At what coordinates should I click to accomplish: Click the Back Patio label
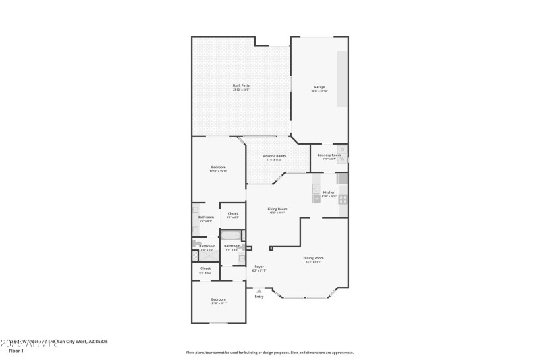tap(241, 86)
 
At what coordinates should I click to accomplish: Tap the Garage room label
tap(319, 88)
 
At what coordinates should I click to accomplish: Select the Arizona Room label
tap(274, 157)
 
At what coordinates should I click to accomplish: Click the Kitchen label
tap(329, 193)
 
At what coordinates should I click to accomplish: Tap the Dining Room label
tap(314, 259)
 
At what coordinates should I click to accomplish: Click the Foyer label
tap(259, 268)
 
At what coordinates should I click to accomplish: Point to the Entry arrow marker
tap(259, 290)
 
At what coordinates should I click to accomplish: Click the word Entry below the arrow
tap(259, 297)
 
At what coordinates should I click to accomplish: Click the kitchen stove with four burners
tap(342, 199)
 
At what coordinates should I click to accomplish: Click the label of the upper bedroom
tap(218, 168)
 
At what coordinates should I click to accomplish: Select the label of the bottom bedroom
tap(218, 300)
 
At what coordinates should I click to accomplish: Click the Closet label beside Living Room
tap(232, 215)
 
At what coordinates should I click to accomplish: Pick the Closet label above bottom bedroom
tap(205, 269)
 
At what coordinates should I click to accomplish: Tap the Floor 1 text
tap(16, 351)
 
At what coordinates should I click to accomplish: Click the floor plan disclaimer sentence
tap(269, 352)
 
